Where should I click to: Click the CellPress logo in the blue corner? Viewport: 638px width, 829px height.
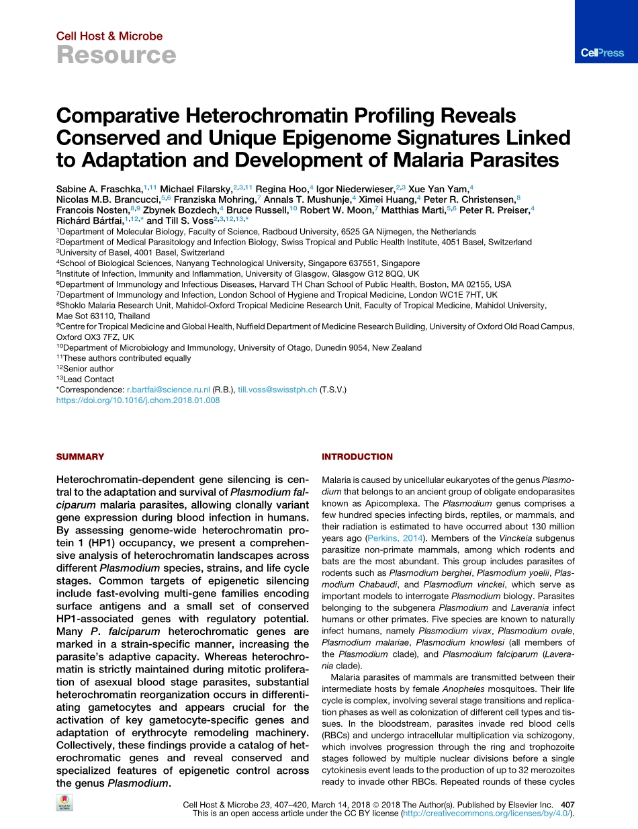click(602, 52)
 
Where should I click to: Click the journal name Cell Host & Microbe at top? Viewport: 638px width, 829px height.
click(109, 36)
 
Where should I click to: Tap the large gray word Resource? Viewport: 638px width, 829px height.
click(116, 55)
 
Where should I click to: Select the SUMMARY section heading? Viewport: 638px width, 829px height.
click(80, 457)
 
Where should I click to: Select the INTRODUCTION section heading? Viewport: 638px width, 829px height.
click(357, 457)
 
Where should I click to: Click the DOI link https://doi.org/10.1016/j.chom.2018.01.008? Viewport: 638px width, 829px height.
click(138, 400)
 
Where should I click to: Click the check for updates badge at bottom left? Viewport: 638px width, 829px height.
click(65, 803)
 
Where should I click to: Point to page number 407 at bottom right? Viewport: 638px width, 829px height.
click(567, 804)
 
